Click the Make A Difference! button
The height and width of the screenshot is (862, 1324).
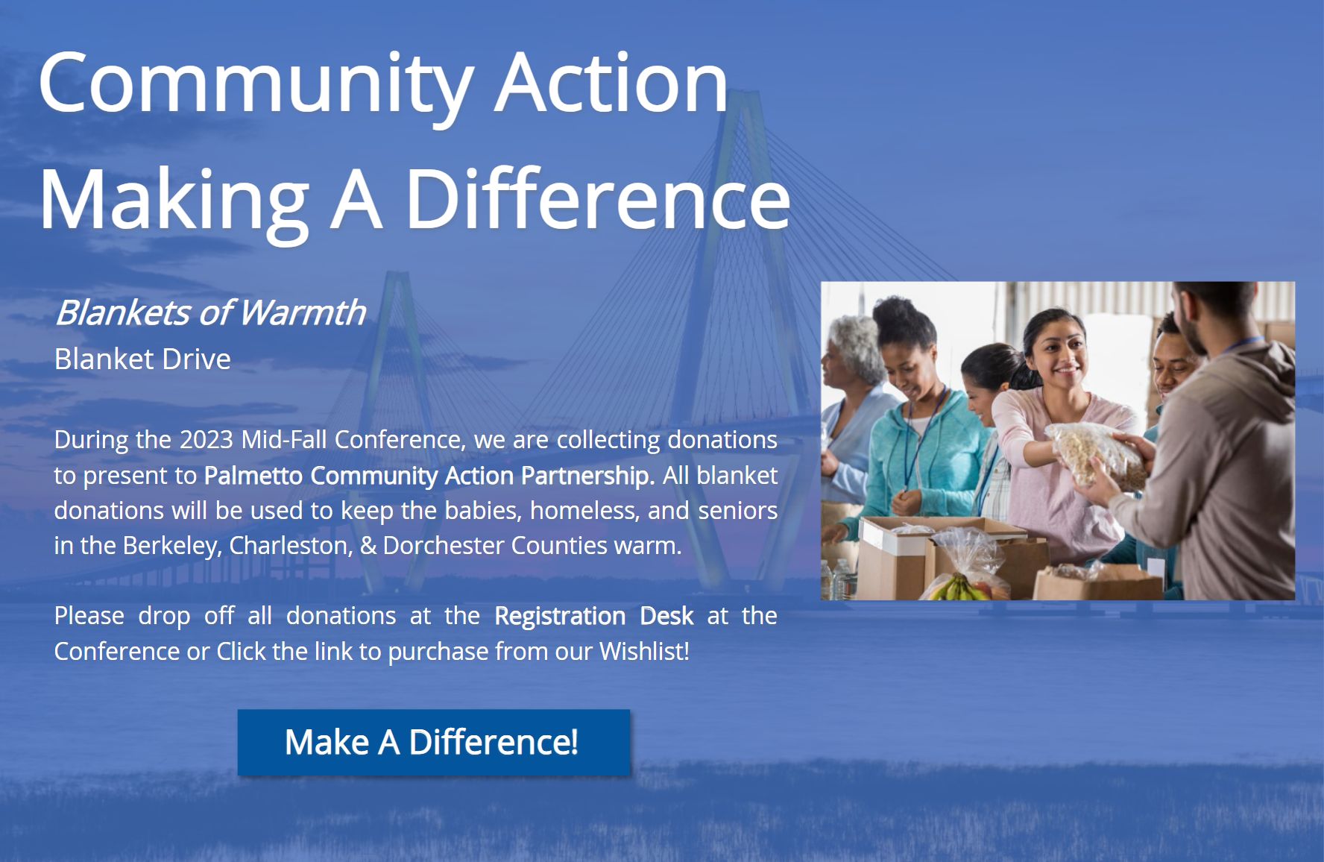coord(434,742)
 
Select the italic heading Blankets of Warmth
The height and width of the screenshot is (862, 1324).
coord(211,312)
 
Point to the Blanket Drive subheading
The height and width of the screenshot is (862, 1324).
coord(142,359)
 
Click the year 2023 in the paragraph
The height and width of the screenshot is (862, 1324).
coord(207,440)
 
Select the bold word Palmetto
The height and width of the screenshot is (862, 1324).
coord(253,476)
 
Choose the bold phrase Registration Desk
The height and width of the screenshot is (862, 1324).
coord(594,617)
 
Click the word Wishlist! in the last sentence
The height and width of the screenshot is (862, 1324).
coord(644,652)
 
